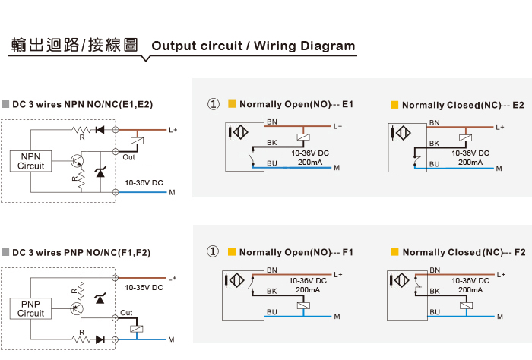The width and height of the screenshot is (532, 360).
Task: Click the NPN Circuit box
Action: pyautogui.click(x=31, y=161)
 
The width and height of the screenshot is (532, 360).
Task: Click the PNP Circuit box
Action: pyautogui.click(x=30, y=308)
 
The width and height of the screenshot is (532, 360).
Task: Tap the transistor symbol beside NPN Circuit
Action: pyautogui.click(x=77, y=161)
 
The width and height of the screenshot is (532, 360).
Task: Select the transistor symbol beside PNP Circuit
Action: pyautogui.click(x=77, y=308)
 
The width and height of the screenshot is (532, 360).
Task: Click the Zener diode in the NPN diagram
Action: pyautogui.click(x=100, y=172)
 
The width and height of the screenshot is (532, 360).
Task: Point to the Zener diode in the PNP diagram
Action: pyautogui.click(x=100, y=298)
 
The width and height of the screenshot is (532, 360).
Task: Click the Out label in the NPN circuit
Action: pyautogui.click(x=128, y=157)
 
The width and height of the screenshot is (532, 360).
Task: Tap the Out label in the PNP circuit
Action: pyautogui.click(x=126, y=313)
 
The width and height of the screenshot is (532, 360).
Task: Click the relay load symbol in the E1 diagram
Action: pyautogui.click(x=303, y=137)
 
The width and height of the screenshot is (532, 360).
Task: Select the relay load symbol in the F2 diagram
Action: pyautogui.click(x=466, y=305)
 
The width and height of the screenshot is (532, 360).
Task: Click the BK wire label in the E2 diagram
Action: pyautogui.click(x=434, y=144)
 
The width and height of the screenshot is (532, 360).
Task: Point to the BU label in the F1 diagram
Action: pyautogui.click(x=272, y=312)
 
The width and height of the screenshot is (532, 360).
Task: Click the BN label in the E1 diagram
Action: pyautogui.click(x=272, y=122)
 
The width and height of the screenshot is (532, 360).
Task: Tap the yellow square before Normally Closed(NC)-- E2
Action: pyautogui.click(x=394, y=104)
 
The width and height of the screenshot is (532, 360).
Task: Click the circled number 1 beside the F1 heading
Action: pyautogui.click(x=213, y=251)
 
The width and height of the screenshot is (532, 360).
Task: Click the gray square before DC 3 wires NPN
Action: pyautogui.click(x=5, y=104)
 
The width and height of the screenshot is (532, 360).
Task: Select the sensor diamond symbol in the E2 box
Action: pyautogui.click(x=403, y=133)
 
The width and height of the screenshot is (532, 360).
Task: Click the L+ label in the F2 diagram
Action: pyautogui.click(x=501, y=275)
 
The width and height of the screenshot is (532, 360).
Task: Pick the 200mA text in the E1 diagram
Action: pyautogui.click(x=310, y=163)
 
